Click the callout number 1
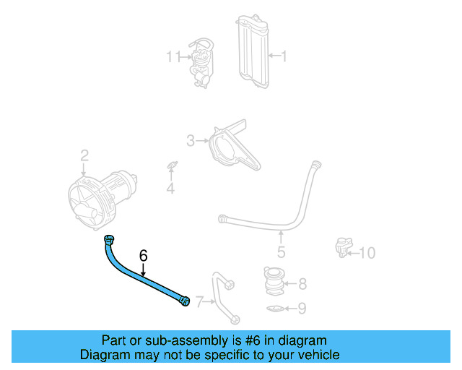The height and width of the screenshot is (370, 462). [284, 55]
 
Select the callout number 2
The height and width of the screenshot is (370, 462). [84, 155]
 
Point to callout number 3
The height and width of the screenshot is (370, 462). [191, 140]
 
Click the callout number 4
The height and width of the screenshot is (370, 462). [170, 189]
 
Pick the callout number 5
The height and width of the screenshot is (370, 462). [281, 252]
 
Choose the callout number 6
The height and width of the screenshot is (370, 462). [143, 255]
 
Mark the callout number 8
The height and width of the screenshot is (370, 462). [302, 283]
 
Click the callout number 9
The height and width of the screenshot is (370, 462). [302, 309]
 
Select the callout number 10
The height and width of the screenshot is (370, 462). [367, 252]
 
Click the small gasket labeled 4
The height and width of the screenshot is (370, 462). [171, 167]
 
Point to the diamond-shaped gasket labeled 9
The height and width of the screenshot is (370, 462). [274, 309]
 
